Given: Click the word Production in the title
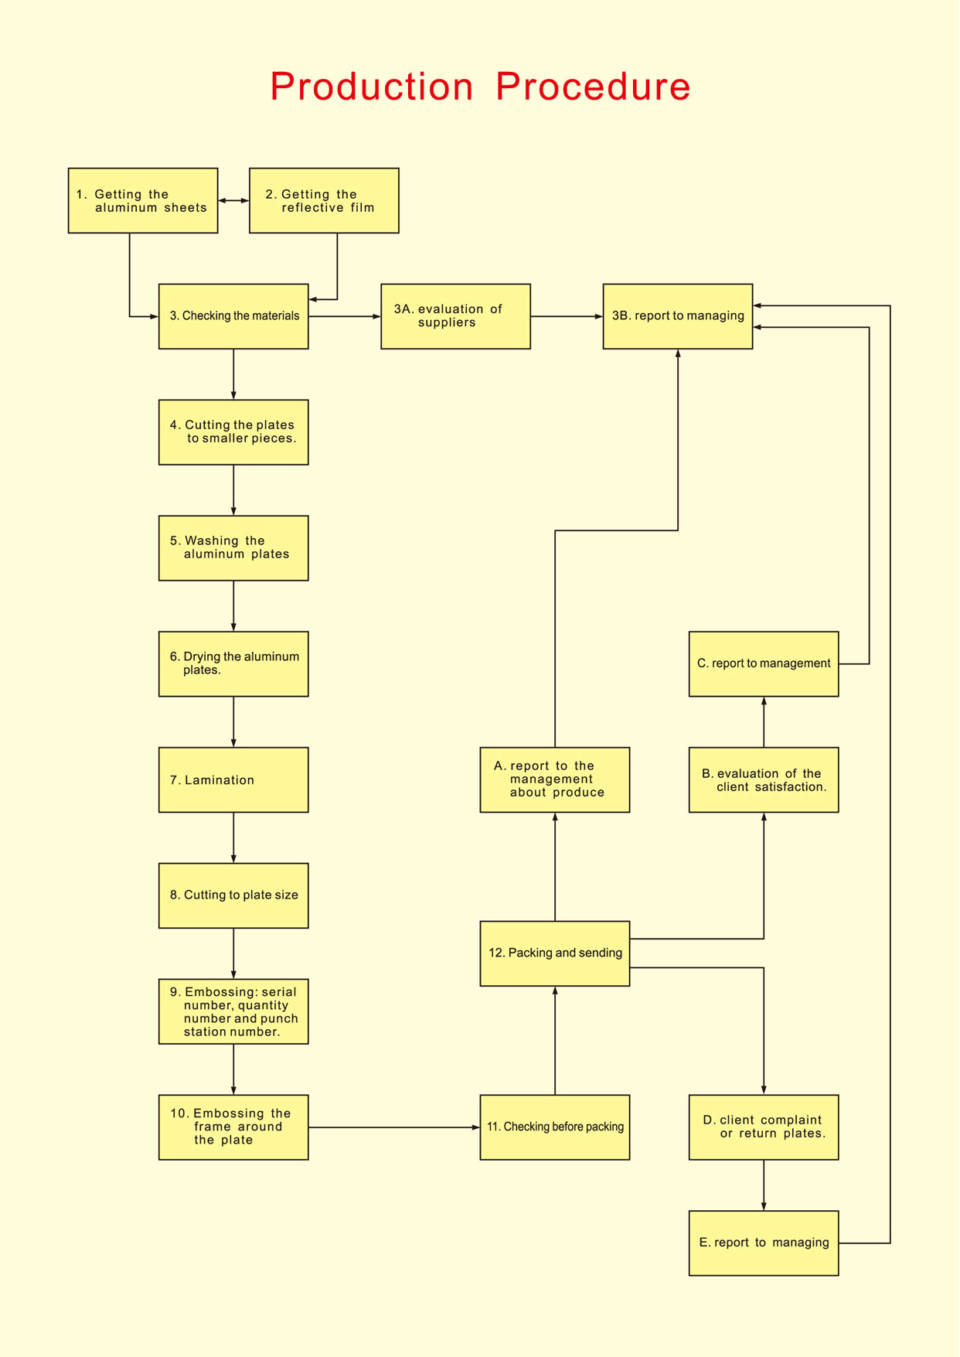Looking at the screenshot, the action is pos(372,86).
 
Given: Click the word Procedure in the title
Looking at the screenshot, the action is pos(593,86).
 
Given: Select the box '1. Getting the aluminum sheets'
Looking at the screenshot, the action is pos(143,200).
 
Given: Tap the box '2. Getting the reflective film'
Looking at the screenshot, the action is pos(324,200).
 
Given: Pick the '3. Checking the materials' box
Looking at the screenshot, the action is pos(233,316).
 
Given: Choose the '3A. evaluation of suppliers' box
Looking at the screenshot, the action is pos(455,316).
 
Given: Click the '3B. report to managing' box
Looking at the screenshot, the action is pos(678,316).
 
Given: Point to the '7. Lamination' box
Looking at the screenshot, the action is pos(233,779).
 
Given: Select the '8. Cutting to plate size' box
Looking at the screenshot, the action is pos(233,895).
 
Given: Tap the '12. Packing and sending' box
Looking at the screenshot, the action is pos(555,953).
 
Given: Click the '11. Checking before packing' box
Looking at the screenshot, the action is pos(555,1127).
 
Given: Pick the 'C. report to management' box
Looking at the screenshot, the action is pos(764,664).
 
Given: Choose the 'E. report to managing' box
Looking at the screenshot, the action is pos(764,1243).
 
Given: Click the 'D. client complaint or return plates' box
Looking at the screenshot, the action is pos(764,1127).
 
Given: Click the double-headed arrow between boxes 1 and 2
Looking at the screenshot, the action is pos(233,200).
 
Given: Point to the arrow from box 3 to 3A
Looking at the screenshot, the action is pos(345,316).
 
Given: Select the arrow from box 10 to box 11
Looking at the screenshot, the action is pos(394,1127).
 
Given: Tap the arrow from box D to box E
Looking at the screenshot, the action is pos(764,1185).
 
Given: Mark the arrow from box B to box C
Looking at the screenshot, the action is pos(764,722).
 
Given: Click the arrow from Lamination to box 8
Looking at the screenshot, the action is pos(233,837).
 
